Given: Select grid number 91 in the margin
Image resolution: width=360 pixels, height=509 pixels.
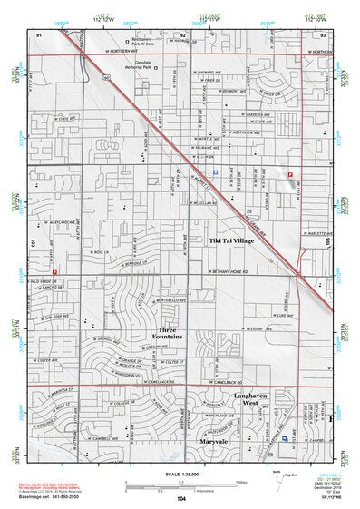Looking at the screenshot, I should click(x=40, y=33).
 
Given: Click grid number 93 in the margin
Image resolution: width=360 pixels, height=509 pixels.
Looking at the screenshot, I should click(x=322, y=33).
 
